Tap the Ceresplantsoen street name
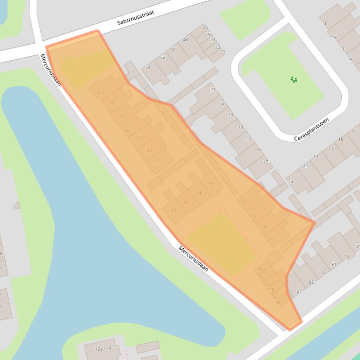point(311,130)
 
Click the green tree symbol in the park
point(294,80)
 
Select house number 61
point(100,93)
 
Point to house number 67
point(158,160)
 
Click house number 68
point(174,210)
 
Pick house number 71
point(211,185)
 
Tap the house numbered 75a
point(261,270)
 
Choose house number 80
point(279,302)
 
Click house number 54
point(148,67)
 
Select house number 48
point(185,40)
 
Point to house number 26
point(205,27)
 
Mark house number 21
point(213,89)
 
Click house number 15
point(266,162)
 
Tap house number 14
point(291,182)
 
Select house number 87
point(299,292)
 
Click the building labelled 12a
point(99,349)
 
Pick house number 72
point(243,202)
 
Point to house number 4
point(350,59)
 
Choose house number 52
point(163,58)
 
